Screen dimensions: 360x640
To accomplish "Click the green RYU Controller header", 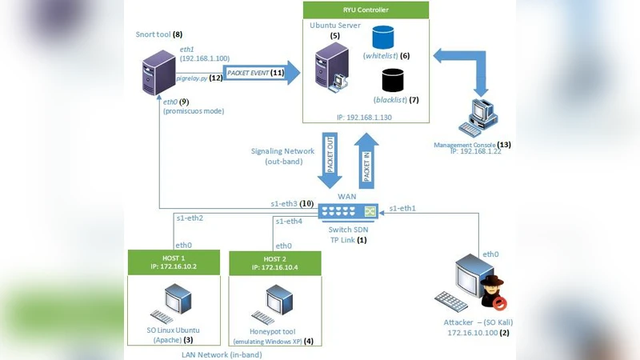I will tap(366, 10).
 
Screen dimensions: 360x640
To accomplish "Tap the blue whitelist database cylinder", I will tap(385, 38).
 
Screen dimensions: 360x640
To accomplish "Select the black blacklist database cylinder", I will tap(392, 81).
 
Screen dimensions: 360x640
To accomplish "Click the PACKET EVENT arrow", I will tap(261, 73).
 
